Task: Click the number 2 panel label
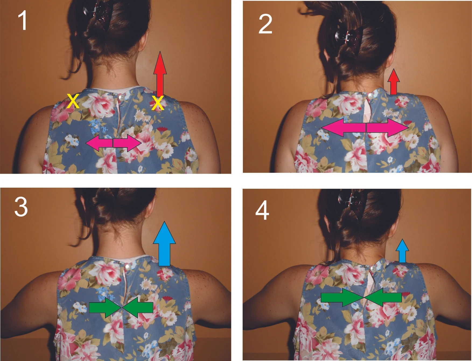click(x=265, y=24)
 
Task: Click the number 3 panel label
click(x=21, y=207)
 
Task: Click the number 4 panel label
click(x=262, y=210)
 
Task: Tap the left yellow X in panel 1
click(x=73, y=101)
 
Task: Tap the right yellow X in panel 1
click(x=158, y=103)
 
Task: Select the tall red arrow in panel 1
click(x=160, y=73)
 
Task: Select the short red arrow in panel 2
click(x=394, y=82)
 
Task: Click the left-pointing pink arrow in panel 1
click(x=99, y=143)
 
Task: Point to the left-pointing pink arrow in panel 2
click(x=343, y=127)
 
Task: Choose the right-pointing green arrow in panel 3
click(x=105, y=308)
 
